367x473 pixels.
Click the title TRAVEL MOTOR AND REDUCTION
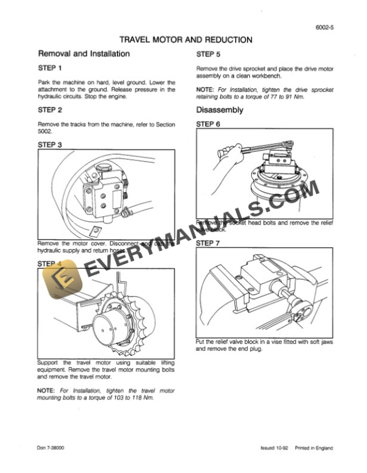(186, 40)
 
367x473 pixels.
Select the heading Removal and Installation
(83, 53)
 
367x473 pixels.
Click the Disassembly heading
(219, 110)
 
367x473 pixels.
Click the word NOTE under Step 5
(207, 89)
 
